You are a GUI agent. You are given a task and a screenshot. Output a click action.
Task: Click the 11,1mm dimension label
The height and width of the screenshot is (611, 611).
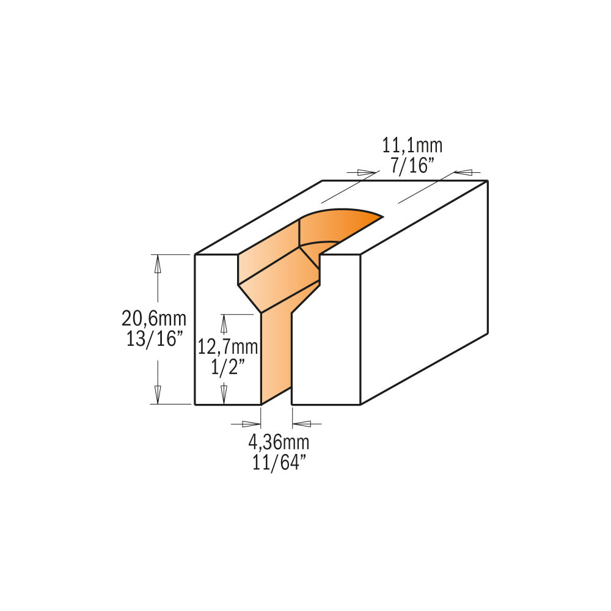point(412,146)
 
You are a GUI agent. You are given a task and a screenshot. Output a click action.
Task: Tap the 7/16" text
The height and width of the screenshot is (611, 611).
point(412,164)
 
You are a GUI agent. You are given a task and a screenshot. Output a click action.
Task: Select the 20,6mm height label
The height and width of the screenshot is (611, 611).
point(154,318)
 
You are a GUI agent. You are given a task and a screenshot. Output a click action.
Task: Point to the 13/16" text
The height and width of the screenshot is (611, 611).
point(154,339)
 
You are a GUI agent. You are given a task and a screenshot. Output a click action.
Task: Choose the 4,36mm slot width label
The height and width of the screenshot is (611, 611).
point(279,442)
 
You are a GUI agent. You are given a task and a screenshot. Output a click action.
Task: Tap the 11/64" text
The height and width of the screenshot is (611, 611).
point(279,462)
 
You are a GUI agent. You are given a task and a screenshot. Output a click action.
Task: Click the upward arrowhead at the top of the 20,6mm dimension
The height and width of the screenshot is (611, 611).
point(158,262)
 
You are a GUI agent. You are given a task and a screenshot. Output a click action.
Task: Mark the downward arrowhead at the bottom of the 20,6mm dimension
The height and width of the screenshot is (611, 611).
point(158,395)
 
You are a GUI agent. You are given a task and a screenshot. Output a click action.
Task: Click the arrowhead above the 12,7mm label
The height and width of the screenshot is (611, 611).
point(224,322)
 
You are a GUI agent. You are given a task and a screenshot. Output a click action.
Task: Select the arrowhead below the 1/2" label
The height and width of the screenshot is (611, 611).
point(224,391)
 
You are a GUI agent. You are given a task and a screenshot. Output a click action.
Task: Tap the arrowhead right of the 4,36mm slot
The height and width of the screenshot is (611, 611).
point(302,423)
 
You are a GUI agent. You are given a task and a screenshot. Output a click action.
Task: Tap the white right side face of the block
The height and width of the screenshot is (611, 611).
point(425,293)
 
